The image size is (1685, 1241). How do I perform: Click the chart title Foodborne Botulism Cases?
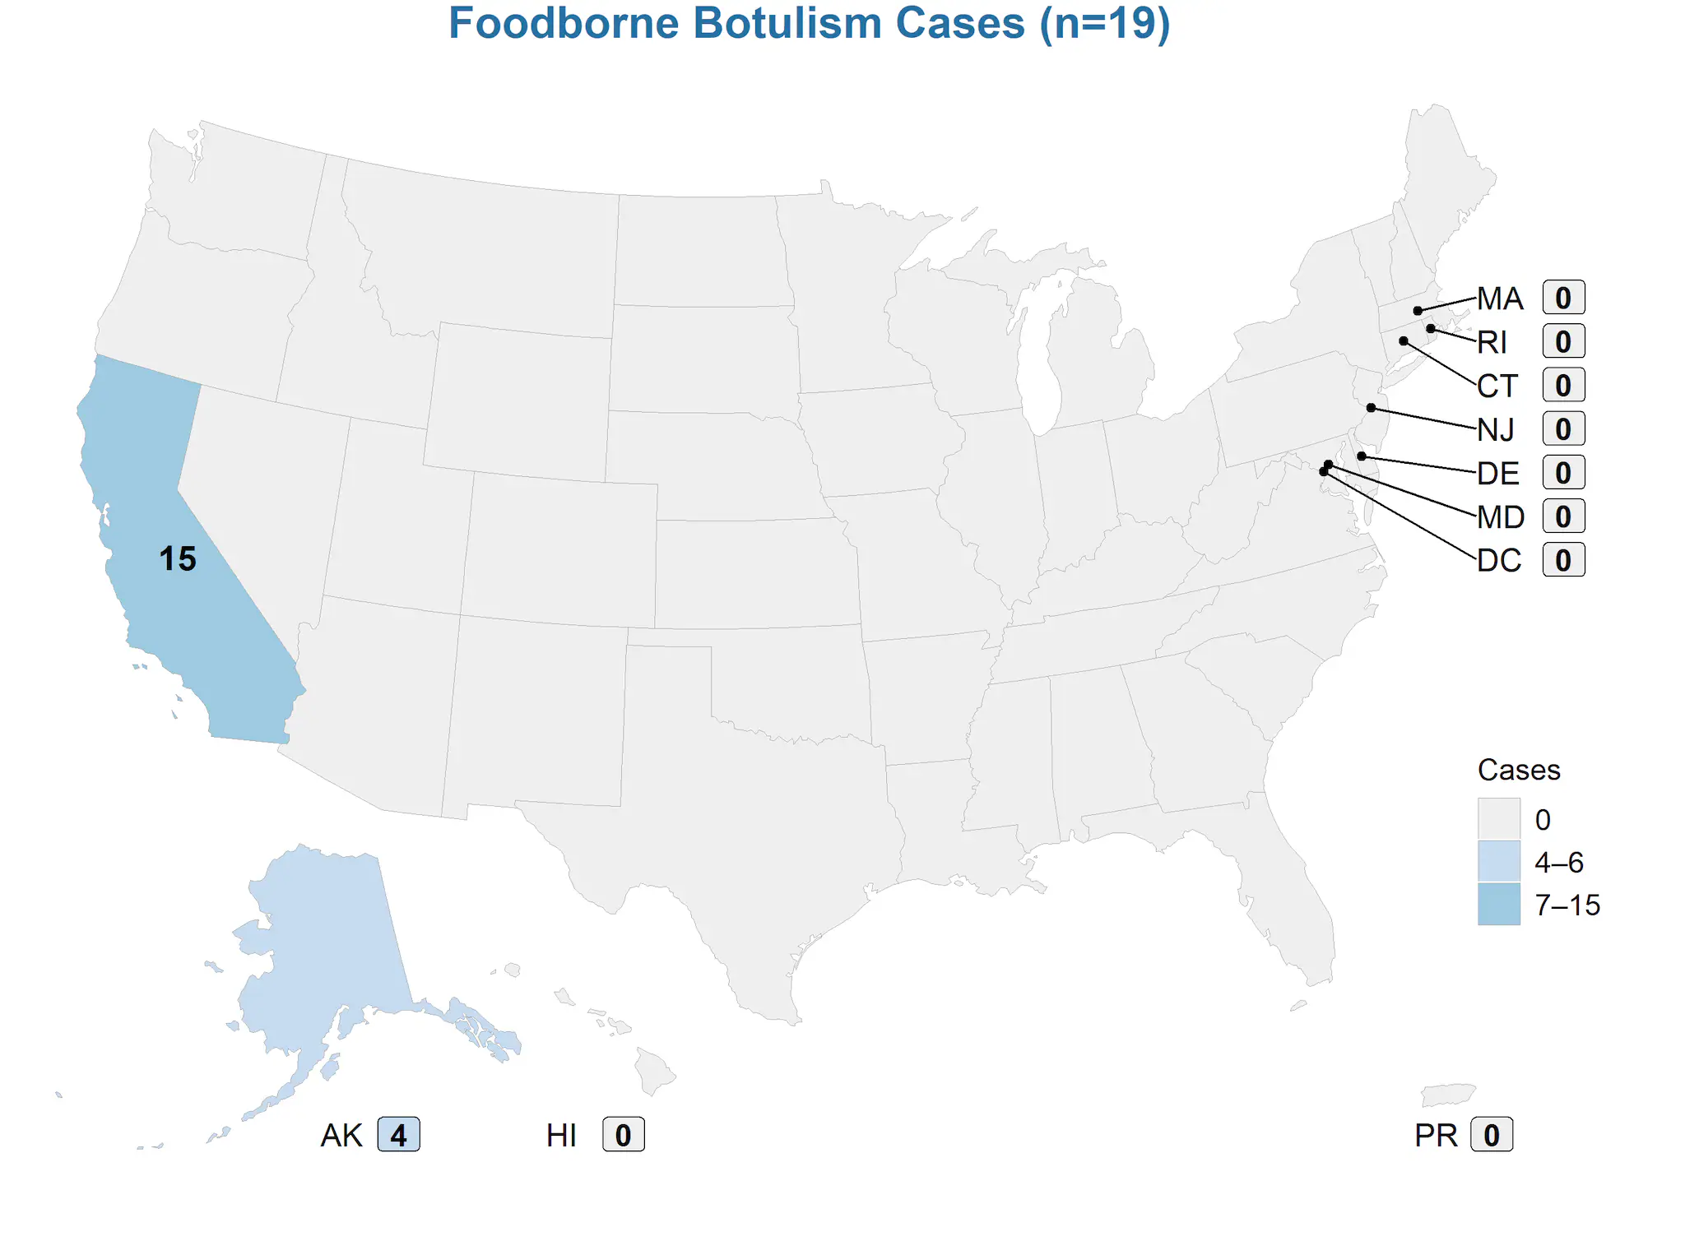coord(809,23)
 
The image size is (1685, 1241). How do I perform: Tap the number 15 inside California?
coord(178,559)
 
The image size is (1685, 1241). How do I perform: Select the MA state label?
coord(1500,299)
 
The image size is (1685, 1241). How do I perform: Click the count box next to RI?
coord(1563,342)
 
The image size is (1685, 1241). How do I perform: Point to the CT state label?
coord(1497,386)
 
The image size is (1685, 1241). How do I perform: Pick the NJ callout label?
coord(1496,429)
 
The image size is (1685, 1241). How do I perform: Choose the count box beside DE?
coord(1563,473)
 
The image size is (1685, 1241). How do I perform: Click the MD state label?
coord(1501,517)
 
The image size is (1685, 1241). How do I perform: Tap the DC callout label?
coord(1499,561)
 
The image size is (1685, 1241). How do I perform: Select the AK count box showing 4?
coord(398,1135)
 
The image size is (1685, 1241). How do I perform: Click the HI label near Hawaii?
coord(561,1136)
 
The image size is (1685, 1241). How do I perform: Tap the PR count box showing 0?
coord(1491,1135)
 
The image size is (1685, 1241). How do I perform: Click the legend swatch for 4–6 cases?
coord(1498,861)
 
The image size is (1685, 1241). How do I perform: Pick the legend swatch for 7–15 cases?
coord(1498,904)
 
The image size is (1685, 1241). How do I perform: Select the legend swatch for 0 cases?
coord(1498,818)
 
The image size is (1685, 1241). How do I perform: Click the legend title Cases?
coord(1519,770)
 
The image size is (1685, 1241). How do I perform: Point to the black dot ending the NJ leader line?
coord(1371,408)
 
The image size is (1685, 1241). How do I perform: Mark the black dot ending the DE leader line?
coord(1362,456)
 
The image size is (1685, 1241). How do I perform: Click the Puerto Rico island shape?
coord(1448,1095)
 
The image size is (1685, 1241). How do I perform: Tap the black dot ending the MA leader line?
coord(1418,311)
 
